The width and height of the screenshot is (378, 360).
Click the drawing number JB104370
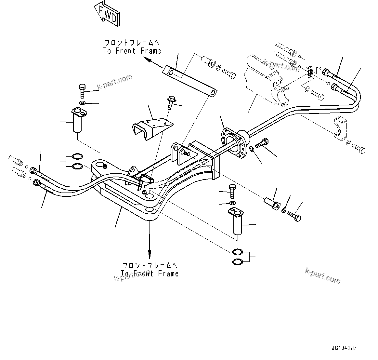click(344, 348)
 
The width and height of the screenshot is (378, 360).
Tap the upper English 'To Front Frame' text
click(132, 51)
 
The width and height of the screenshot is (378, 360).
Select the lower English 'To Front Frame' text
click(150, 273)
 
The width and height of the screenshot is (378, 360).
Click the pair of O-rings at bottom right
click(238, 257)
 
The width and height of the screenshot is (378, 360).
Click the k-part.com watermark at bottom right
click(322, 275)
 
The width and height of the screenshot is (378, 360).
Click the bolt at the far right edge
click(358, 148)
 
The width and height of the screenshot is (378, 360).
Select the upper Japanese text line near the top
click(132, 43)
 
